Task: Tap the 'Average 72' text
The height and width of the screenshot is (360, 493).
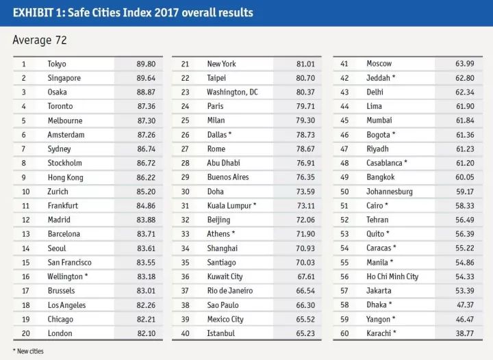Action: point(40,40)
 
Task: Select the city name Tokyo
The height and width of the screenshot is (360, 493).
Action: point(57,64)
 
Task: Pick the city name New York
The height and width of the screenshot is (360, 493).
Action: point(221,64)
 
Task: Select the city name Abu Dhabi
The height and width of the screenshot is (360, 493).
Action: point(223,163)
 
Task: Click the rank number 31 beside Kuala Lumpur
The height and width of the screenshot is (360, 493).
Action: point(185,205)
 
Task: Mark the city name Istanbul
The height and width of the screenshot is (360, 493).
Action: point(220,333)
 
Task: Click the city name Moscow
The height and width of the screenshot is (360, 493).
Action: point(379,64)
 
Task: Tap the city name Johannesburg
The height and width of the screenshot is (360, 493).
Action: point(390,192)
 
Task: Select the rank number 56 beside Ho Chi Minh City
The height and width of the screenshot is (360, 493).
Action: point(344,277)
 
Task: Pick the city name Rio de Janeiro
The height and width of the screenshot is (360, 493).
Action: point(229,290)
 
